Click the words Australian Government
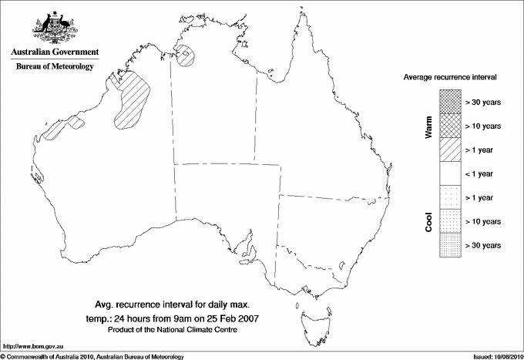coord(55,52)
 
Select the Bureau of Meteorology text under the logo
coord(55,66)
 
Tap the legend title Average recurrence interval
coord(454,78)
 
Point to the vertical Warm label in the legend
coord(429,126)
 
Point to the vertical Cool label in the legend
coord(429,221)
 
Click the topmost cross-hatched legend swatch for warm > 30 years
coord(449,102)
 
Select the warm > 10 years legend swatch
coord(449,126)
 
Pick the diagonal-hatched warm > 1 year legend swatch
coord(449,150)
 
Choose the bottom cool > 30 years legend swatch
coord(449,245)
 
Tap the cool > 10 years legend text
coord(483,221)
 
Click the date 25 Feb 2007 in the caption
coord(233,318)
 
